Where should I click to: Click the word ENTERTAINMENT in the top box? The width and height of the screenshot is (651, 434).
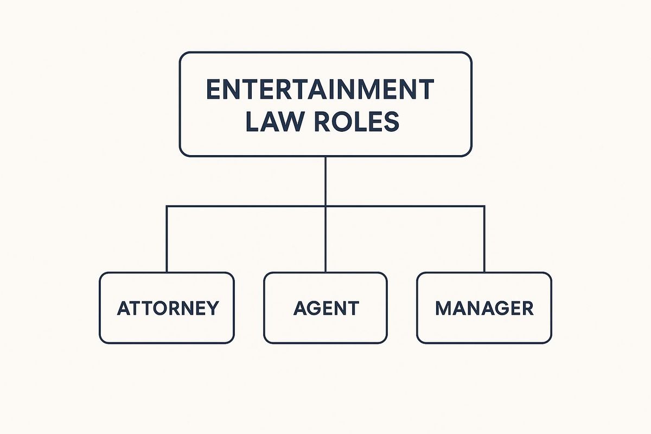click(x=320, y=89)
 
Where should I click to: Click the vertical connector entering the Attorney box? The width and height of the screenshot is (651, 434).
click(x=167, y=239)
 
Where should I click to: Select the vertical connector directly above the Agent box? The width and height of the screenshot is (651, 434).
click(x=325, y=239)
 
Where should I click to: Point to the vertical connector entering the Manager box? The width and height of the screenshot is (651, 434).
click(x=484, y=239)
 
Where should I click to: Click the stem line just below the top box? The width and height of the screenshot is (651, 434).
click(x=325, y=181)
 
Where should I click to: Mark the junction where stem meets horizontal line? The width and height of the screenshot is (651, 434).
click(x=325, y=206)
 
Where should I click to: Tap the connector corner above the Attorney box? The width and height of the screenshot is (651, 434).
click(x=167, y=206)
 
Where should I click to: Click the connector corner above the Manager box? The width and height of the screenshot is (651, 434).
click(x=484, y=206)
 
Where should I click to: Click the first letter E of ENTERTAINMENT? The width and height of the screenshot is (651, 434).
click(x=213, y=89)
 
